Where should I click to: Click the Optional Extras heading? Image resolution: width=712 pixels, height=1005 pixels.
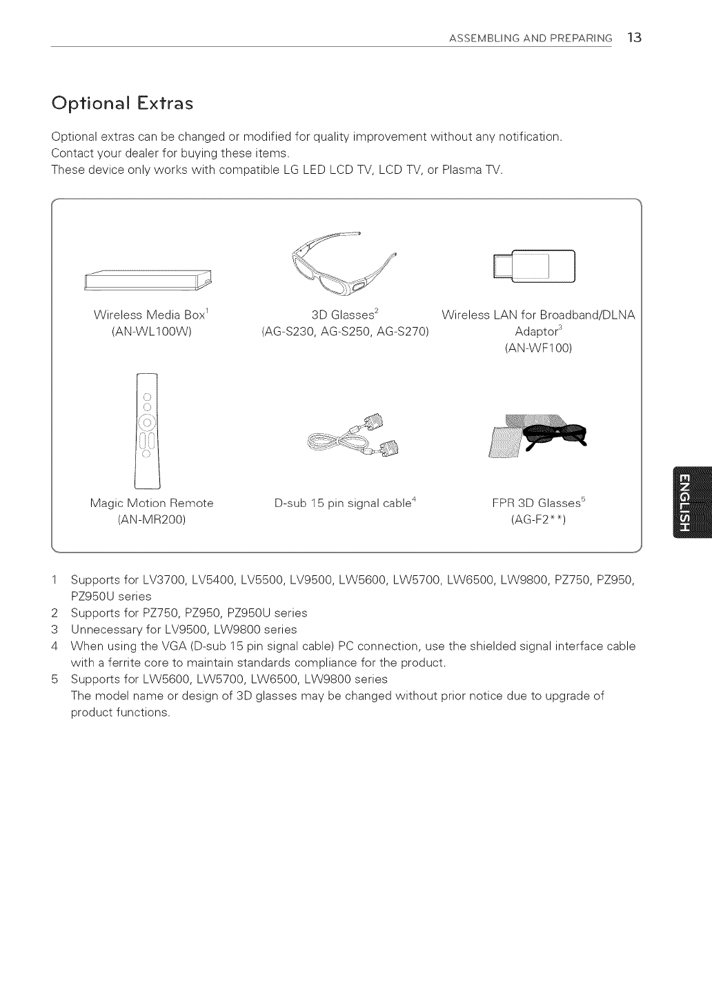coord(123,103)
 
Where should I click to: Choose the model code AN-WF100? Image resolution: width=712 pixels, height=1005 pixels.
coord(539,348)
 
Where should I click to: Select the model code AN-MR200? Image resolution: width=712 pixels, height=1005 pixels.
coord(152,520)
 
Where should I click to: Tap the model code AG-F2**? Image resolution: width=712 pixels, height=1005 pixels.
coord(538,520)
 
